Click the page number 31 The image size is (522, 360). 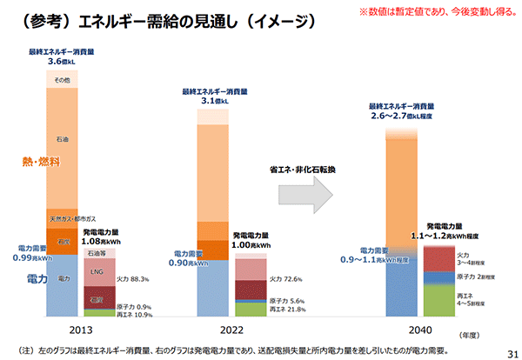coord(508,350)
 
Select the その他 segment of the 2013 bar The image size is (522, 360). coord(62,80)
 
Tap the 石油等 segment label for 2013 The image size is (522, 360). coord(97,254)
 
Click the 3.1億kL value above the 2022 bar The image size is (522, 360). coord(214,101)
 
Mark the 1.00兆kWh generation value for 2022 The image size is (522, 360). coord(254,246)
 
